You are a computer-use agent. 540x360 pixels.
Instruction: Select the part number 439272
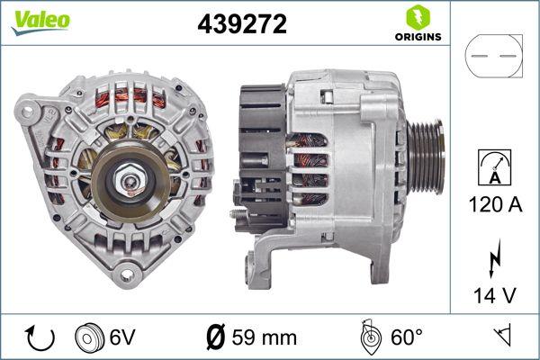coord(241,25)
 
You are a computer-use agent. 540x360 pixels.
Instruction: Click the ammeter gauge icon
coord(492,167)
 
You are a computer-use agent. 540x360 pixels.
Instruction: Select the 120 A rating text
coord(493,205)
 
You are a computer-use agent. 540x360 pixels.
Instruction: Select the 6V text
coord(124,337)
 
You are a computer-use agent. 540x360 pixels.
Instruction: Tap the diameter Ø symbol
coord(215,337)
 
